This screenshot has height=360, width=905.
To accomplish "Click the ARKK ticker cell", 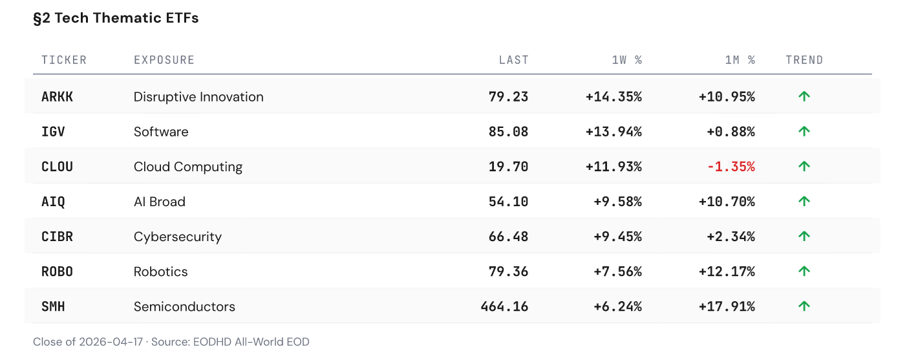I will pyautogui.click(x=58, y=97).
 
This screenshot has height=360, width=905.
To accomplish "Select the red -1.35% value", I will pyautogui.click(x=730, y=167).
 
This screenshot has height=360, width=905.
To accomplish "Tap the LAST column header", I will pyautogui.click(x=513, y=60).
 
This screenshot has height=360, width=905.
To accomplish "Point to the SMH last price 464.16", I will pyautogui.click(x=504, y=306).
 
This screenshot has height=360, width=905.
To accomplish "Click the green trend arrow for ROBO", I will pyautogui.click(x=804, y=271).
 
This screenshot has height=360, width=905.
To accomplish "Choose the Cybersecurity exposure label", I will pyautogui.click(x=177, y=237).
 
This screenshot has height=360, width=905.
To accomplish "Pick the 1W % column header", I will pyautogui.click(x=626, y=60).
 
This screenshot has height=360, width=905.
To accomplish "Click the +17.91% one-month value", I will pyautogui.click(x=727, y=306).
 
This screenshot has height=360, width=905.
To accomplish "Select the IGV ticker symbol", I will pyautogui.click(x=53, y=132).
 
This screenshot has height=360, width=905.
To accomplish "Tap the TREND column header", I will pyautogui.click(x=804, y=60).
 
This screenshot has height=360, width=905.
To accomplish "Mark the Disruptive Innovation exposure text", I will pyautogui.click(x=198, y=97).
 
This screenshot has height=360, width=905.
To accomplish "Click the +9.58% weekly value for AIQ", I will pyautogui.click(x=617, y=202).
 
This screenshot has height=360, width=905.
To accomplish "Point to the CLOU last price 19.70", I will pyautogui.click(x=508, y=167).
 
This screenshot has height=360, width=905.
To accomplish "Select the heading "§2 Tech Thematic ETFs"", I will pyautogui.click(x=116, y=18).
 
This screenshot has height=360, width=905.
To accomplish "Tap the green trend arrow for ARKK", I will pyautogui.click(x=804, y=97).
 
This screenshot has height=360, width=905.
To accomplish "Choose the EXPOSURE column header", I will pyautogui.click(x=164, y=60).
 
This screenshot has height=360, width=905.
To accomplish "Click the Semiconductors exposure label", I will pyautogui.click(x=184, y=306).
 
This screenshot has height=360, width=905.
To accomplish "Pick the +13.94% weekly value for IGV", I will pyautogui.click(x=613, y=132).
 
